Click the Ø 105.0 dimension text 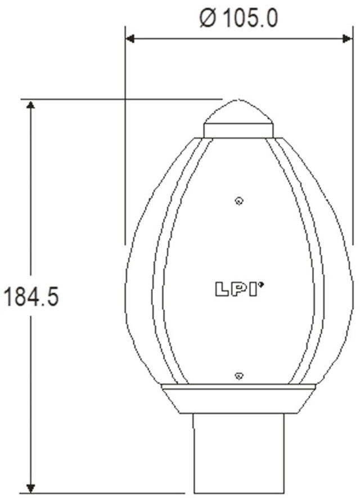238,18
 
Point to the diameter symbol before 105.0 207,19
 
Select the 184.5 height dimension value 31,297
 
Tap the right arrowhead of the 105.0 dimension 347,39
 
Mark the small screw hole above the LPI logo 239,201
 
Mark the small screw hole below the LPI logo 239,375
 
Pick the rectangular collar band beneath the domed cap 238,131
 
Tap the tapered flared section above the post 238,402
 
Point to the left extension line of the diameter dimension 125,141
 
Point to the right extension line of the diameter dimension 353,141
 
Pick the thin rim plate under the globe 238,387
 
